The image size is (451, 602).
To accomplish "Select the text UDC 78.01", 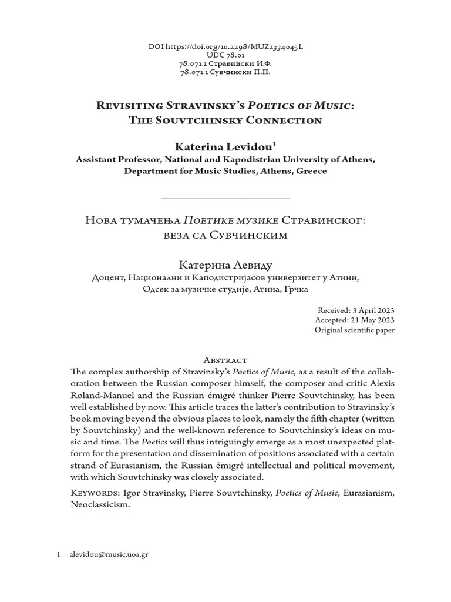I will [225, 55].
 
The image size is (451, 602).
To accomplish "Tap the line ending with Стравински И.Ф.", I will [225, 63].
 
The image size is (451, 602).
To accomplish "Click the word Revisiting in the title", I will [127, 105].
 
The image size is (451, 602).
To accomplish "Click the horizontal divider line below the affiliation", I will [225, 199].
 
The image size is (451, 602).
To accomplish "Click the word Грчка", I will [295, 289].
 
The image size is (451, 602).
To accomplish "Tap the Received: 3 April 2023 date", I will [356, 310].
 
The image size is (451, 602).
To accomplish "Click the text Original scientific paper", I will [355, 330].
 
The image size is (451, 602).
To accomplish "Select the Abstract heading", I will [225, 359].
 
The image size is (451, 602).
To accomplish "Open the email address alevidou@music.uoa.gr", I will [109, 554].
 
